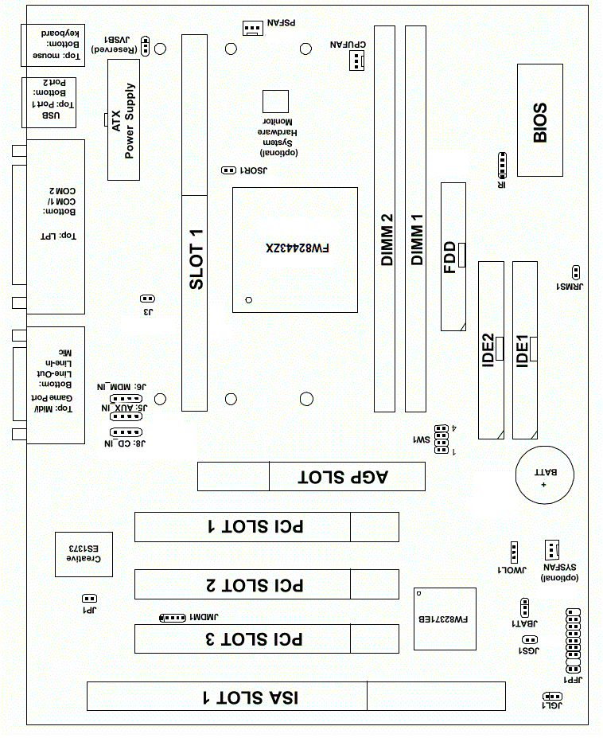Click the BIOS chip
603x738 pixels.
pos(540,120)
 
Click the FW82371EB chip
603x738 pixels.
pos(445,619)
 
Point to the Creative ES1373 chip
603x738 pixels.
pos(83,554)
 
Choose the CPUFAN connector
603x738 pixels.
pos(356,60)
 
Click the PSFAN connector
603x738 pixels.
pos(252,28)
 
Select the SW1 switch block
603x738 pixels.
pos(440,441)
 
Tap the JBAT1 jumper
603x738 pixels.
pos(515,611)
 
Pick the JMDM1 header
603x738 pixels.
pos(173,617)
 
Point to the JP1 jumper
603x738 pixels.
pos(90,598)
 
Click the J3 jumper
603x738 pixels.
pos(146,299)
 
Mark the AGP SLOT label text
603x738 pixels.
pos(343,478)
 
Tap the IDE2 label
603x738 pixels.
pos(489,348)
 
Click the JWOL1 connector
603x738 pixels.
pos(514,551)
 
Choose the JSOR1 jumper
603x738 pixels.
pos(228,170)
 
